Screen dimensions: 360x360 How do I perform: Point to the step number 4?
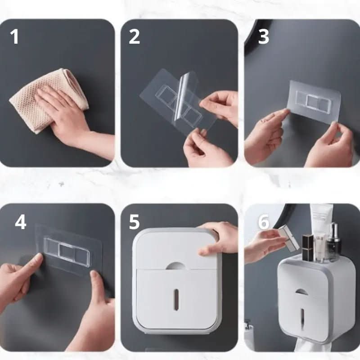click(20, 221)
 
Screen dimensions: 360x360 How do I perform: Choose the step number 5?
click(135, 221)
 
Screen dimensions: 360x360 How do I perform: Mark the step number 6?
click(264, 222)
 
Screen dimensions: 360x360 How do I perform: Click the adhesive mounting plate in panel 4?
click(67, 250)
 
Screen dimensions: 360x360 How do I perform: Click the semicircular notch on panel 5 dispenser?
click(175, 265)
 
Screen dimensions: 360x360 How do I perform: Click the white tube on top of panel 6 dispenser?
click(320, 225)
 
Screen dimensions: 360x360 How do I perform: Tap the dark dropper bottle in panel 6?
click(333, 243)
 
